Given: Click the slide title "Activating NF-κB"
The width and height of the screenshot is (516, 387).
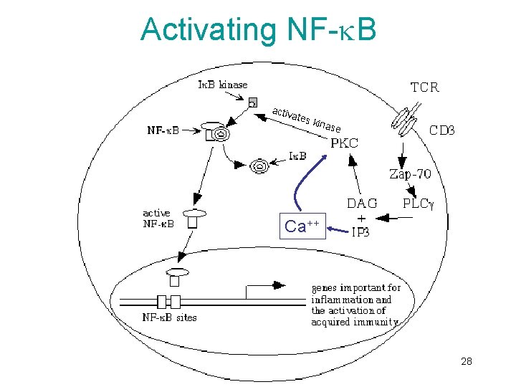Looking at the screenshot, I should pos(258,29).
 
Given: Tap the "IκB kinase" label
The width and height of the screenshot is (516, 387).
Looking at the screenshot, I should pos(222,85).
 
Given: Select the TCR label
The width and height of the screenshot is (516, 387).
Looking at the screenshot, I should pos(424,87).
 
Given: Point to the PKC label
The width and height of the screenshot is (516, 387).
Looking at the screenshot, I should pos(344,143).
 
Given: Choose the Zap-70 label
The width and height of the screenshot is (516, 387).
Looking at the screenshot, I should pos(410,173).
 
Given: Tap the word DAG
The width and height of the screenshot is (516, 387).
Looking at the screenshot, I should pos(362,204).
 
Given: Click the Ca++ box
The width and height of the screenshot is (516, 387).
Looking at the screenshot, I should pos(301,227).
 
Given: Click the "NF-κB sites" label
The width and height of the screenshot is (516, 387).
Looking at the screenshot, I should pos(169,317).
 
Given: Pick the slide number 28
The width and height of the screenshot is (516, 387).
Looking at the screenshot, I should pos(467,363).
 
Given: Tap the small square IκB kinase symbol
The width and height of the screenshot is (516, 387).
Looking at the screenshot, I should pos(252,103).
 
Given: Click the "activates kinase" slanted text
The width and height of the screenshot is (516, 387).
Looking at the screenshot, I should pos(306,120).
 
